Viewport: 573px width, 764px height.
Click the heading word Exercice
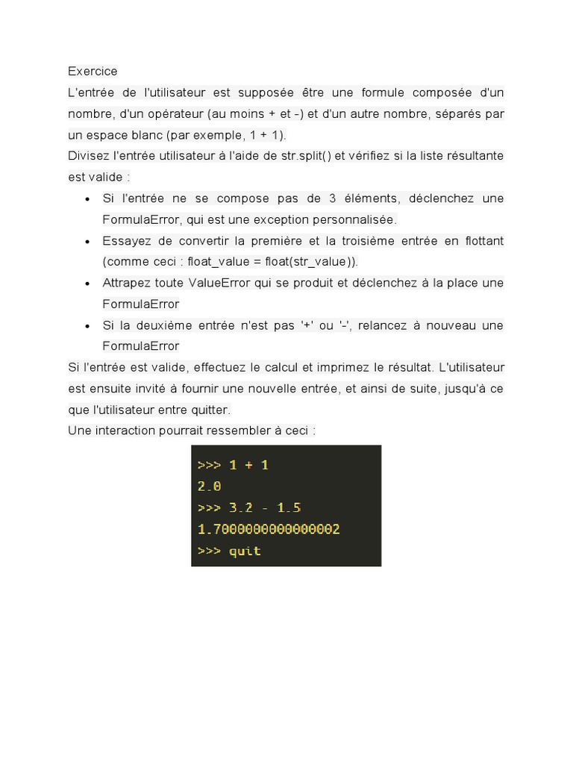tap(93, 72)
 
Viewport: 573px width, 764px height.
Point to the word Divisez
tap(88, 156)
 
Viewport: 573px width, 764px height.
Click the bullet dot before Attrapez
tap(88, 284)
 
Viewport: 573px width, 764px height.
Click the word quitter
tap(210, 410)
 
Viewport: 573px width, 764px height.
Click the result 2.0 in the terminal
tap(209, 486)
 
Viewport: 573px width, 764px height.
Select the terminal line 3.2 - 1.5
tap(265, 507)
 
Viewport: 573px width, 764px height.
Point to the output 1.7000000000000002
tap(269, 529)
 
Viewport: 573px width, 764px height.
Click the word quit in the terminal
tap(245, 551)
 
